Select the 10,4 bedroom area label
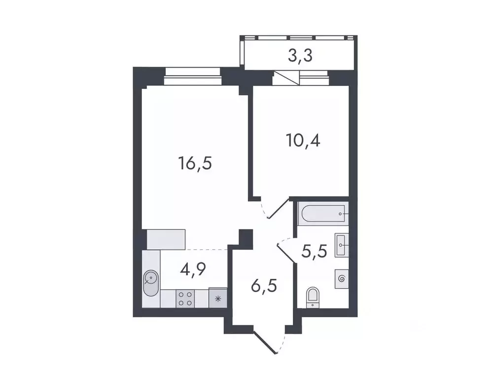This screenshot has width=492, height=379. pos(303,141)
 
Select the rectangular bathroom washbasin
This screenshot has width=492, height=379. pos(341,245)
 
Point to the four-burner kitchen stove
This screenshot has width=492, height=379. pos(185,298)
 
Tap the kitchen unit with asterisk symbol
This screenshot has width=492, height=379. pos(217,298)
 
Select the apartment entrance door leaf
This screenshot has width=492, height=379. pos(265,342)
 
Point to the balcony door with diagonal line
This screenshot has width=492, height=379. pos(286,78)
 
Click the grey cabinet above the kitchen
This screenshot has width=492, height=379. pos(166,239)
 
